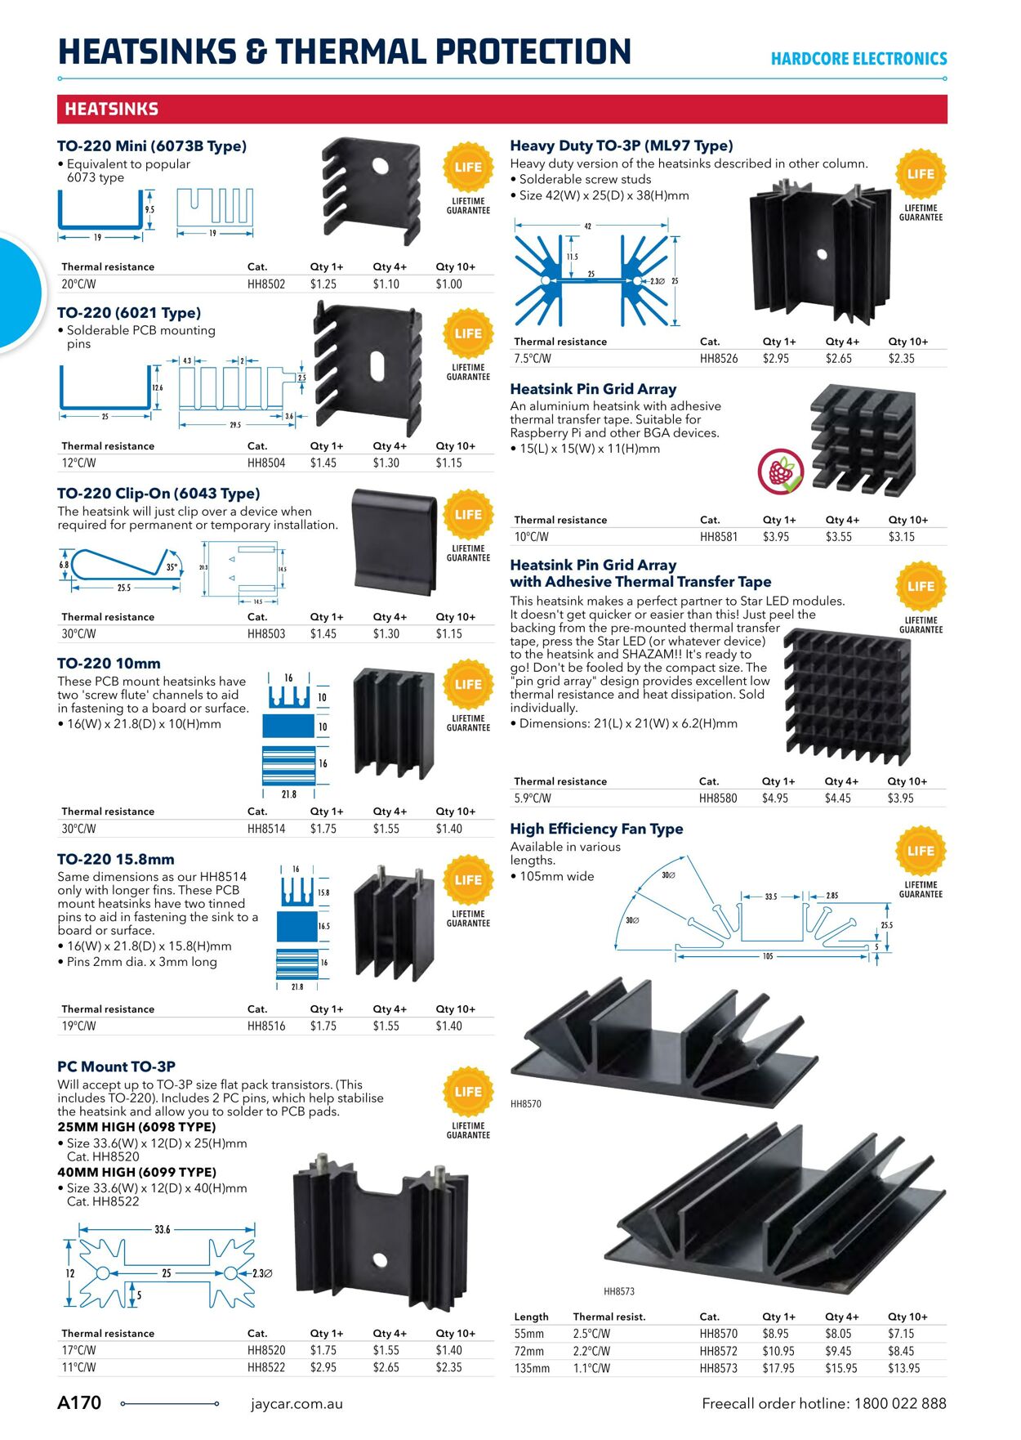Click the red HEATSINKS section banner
click(x=502, y=109)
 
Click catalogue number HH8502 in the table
click(x=266, y=284)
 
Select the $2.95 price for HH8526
click(x=775, y=359)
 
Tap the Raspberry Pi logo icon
click(x=780, y=472)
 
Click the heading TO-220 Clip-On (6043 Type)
click(x=158, y=494)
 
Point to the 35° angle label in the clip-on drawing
click(x=172, y=567)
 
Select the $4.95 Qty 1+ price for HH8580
click(x=774, y=798)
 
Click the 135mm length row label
click(x=532, y=1368)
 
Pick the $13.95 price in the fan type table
click(x=903, y=1368)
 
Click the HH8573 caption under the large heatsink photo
click(x=619, y=1291)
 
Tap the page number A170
click(x=79, y=1403)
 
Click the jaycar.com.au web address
click(x=296, y=1404)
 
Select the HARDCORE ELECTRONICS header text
click(x=858, y=59)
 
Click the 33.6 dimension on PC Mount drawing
click(x=163, y=1229)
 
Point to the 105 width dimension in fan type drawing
click(x=767, y=956)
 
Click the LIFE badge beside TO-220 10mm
click(x=468, y=685)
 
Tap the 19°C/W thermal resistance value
click(x=78, y=1026)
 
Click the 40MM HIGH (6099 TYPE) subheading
click(x=136, y=1172)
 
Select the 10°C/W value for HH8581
click(x=531, y=537)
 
